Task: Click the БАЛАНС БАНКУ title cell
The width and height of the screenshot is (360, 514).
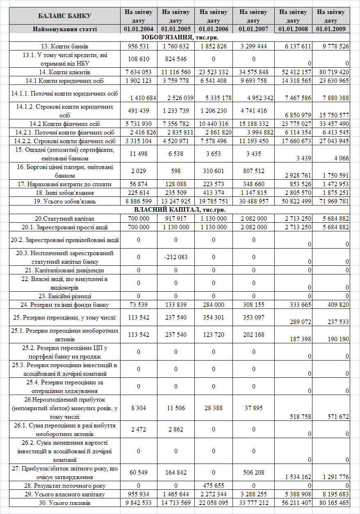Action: tap(65, 16)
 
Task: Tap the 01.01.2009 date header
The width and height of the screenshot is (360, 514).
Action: tap(330, 29)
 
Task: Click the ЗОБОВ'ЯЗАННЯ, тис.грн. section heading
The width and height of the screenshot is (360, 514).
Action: tap(180, 37)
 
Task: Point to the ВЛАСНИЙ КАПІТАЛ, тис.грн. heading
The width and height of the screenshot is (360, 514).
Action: tap(180, 210)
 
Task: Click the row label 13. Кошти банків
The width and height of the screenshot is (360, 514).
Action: tap(65, 46)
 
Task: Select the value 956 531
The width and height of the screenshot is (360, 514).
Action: tap(139, 46)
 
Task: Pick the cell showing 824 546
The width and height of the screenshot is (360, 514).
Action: tap(176, 59)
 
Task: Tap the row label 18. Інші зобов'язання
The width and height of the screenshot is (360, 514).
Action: tap(65, 193)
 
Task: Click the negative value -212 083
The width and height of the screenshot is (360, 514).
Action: tap(176, 257)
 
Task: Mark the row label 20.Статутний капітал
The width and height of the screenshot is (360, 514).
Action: tap(65, 218)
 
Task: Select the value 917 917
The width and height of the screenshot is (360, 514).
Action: tap(176, 218)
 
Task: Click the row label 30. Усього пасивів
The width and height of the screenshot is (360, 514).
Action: tap(65, 503)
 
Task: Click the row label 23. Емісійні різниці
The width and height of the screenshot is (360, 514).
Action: tap(65, 296)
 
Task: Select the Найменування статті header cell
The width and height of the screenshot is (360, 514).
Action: tap(65, 29)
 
